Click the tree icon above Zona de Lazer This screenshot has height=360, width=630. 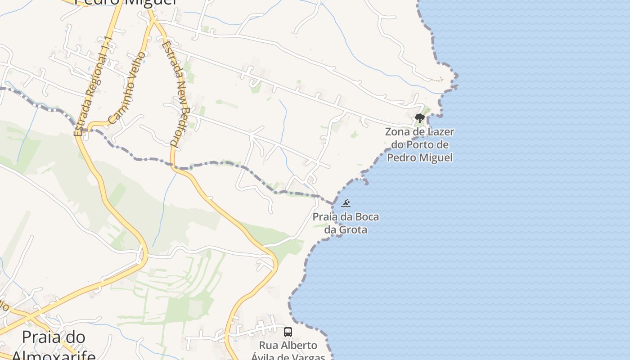click(419, 119)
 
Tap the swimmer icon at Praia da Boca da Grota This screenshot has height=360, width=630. click(346, 203)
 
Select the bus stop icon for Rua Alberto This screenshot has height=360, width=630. click(288, 333)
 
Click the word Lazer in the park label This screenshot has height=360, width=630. click(438, 132)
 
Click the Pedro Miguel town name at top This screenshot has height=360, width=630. click(126, 2)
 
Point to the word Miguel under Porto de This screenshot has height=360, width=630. click(435, 158)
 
